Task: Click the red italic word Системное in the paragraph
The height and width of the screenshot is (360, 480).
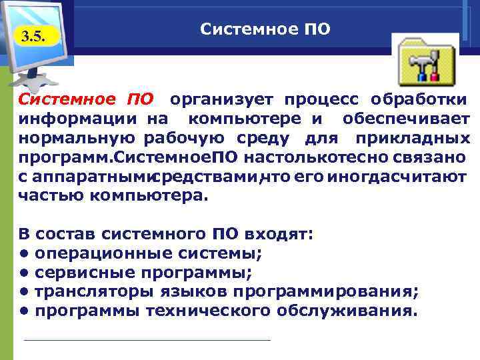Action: [x=65, y=100]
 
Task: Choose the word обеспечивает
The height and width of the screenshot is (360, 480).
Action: [x=407, y=119]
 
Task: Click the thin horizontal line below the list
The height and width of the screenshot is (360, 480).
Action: [x=147, y=340]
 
